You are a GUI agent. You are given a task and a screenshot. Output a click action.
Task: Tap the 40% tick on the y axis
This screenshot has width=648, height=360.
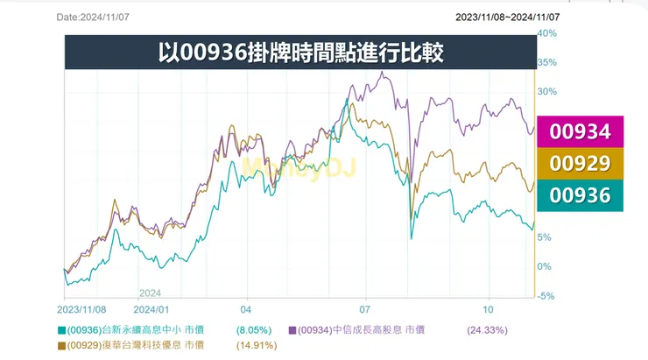pos(546,33)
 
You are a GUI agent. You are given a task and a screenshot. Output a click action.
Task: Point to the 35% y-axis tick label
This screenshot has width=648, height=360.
pos(546,63)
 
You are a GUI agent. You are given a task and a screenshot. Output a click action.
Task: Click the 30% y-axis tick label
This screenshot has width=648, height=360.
pos(546,92)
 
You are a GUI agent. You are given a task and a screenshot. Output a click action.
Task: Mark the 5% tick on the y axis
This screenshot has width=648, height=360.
pos(544,237)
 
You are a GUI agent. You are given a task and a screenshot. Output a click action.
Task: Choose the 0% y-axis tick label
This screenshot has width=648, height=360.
pos(544,266)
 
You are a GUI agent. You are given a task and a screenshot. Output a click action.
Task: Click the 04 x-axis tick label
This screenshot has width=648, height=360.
pos(246,309)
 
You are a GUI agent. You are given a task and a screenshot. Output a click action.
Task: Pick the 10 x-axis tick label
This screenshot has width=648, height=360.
pos(488,309)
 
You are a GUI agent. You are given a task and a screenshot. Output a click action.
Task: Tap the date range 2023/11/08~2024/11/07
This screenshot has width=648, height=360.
pos(508,17)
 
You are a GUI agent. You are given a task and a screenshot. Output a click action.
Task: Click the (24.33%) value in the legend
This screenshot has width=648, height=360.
pos(487,330)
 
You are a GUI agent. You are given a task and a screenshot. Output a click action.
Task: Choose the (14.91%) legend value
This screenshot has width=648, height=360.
pos(256,346)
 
